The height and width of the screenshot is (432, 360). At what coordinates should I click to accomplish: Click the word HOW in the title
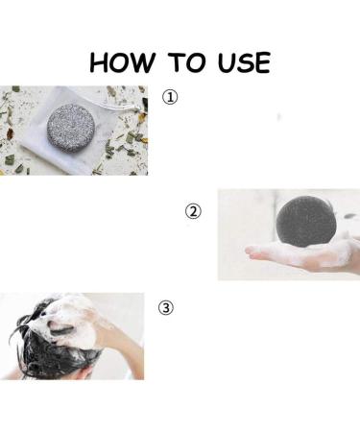pyautogui.click(x=122, y=62)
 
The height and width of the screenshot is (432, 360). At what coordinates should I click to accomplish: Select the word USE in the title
pyautogui.click(x=244, y=62)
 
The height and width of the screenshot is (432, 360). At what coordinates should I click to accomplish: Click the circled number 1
pyautogui.click(x=170, y=97)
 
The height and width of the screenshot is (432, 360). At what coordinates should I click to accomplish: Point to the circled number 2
pyautogui.click(x=193, y=211)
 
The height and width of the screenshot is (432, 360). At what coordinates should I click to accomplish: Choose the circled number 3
pyautogui.click(x=166, y=307)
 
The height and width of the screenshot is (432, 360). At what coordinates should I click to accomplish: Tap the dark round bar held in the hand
pyautogui.click(x=305, y=221)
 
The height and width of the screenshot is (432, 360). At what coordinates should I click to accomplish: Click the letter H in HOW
pyautogui.click(x=99, y=62)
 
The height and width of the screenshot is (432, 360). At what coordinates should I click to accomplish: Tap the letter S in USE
pyautogui.click(x=245, y=62)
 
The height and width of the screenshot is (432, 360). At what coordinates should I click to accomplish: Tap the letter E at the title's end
pyautogui.click(x=263, y=62)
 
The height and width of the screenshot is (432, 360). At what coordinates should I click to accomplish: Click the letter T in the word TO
pyautogui.click(x=177, y=62)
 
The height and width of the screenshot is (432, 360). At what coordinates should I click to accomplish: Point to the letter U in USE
pyautogui.click(x=226, y=62)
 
